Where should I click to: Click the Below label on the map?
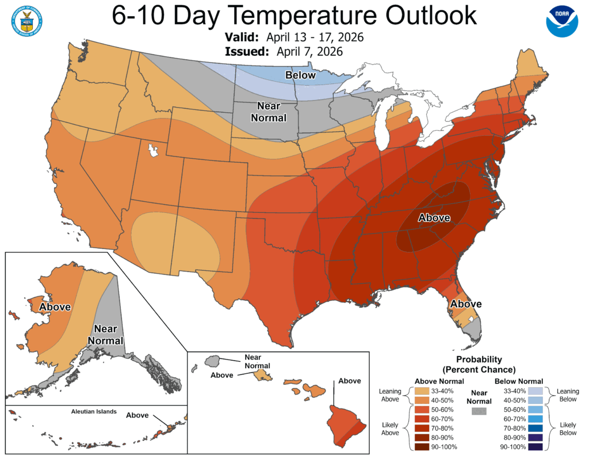click(x=301, y=75)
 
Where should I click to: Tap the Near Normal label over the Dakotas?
click(x=271, y=112)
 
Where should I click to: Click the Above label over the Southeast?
click(x=434, y=218)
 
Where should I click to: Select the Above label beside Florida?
click(x=466, y=304)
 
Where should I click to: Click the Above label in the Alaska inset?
click(x=55, y=307)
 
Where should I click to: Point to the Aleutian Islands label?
click(x=94, y=412)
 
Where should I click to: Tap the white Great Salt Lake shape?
click(x=153, y=151)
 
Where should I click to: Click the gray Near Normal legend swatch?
click(x=478, y=411)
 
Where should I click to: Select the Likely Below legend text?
click(x=568, y=429)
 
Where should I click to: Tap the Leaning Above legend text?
click(x=390, y=395)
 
